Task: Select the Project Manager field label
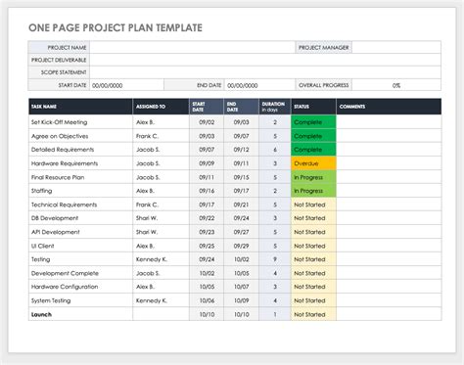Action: click(x=323, y=47)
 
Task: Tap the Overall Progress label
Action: click(x=323, y=85)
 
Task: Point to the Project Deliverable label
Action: click(x=59, y=60)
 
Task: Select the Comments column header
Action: click(x=352, y=106)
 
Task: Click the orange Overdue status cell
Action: click(x=313, y=162)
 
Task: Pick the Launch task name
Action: click(x=42, y=315)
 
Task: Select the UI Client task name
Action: click(x=44, y=246)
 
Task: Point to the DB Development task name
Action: click(x=53, y=218)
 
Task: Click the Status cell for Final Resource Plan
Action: click(x=313, y=177)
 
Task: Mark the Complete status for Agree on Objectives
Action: click(x=313, y=135)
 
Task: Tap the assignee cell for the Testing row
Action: click(x=152, y=259)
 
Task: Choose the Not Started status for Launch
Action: click(x=313, y=315)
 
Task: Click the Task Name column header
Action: click(x=44, y=106)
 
